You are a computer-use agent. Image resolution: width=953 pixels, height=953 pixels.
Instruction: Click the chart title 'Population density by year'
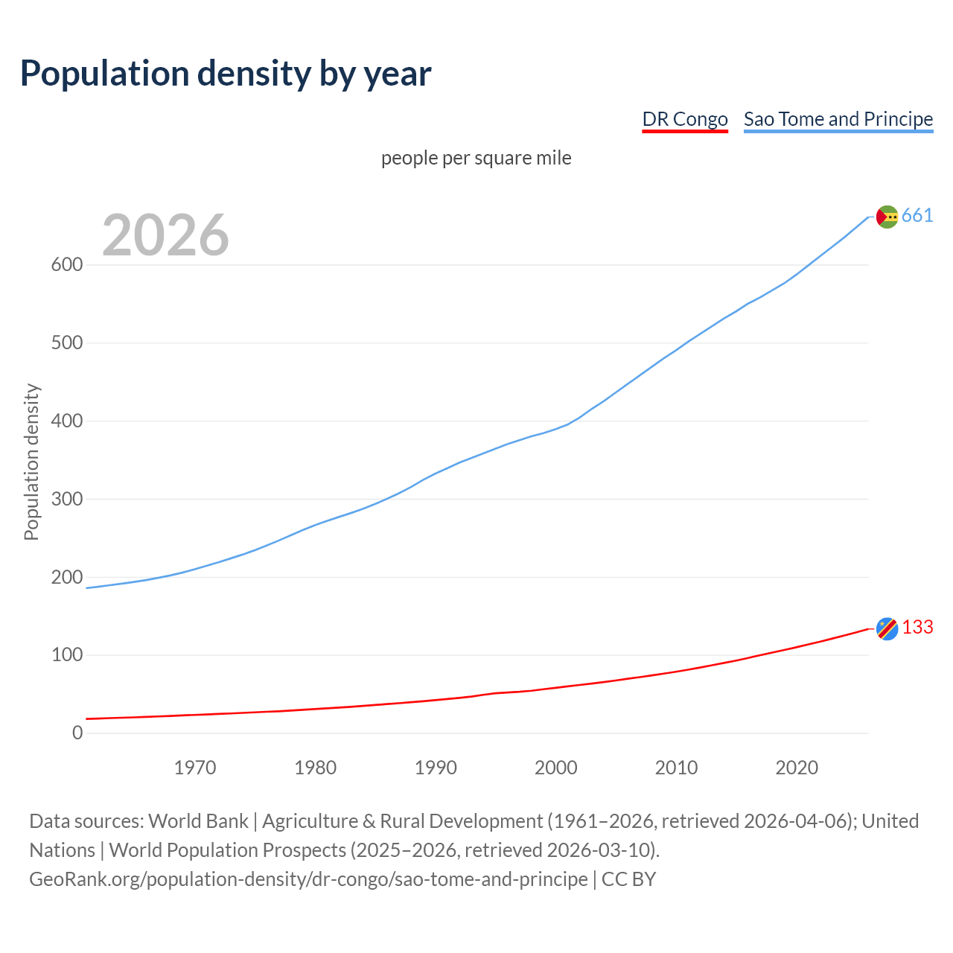pos(226,74)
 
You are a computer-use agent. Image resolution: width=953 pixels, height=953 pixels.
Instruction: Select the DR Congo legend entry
pos(685,119)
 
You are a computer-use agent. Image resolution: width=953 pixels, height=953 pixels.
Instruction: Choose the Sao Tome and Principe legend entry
pos(838,119)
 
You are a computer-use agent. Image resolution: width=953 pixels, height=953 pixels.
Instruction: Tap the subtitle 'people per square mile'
pos(476,159)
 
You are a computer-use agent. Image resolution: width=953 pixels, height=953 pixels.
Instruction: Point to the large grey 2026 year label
pos(165,235)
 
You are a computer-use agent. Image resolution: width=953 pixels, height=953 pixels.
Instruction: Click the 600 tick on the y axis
pos(67,265)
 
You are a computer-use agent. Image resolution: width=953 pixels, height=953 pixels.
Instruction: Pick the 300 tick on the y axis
pos(67,499)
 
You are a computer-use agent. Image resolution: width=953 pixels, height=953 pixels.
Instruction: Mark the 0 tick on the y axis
pos(77,733)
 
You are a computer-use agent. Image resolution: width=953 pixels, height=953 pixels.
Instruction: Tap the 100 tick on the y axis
pos(67,655)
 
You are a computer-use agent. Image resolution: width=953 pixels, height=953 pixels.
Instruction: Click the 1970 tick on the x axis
pos(195,768)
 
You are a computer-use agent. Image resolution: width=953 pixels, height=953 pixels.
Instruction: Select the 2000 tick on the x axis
pos(556,768)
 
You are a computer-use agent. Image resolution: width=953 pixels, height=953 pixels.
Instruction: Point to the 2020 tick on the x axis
pos(797,768)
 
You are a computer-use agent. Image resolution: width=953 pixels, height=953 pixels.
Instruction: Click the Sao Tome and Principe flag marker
pos(887,217)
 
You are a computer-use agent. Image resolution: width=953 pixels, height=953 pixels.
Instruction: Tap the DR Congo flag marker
pos(887,628)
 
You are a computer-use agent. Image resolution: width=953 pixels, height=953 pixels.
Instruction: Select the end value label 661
pos(917,216)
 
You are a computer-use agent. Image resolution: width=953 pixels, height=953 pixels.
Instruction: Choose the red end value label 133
pos(917,628)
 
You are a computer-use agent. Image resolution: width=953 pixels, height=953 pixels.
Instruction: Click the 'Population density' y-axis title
pos(31,462)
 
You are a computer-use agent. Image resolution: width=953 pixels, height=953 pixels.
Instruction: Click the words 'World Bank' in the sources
pos(198,821)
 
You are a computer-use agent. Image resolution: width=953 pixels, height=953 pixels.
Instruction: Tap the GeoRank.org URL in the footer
pos(308,879)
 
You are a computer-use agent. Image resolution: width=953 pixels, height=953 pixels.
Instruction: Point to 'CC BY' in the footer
pos(628,879)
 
